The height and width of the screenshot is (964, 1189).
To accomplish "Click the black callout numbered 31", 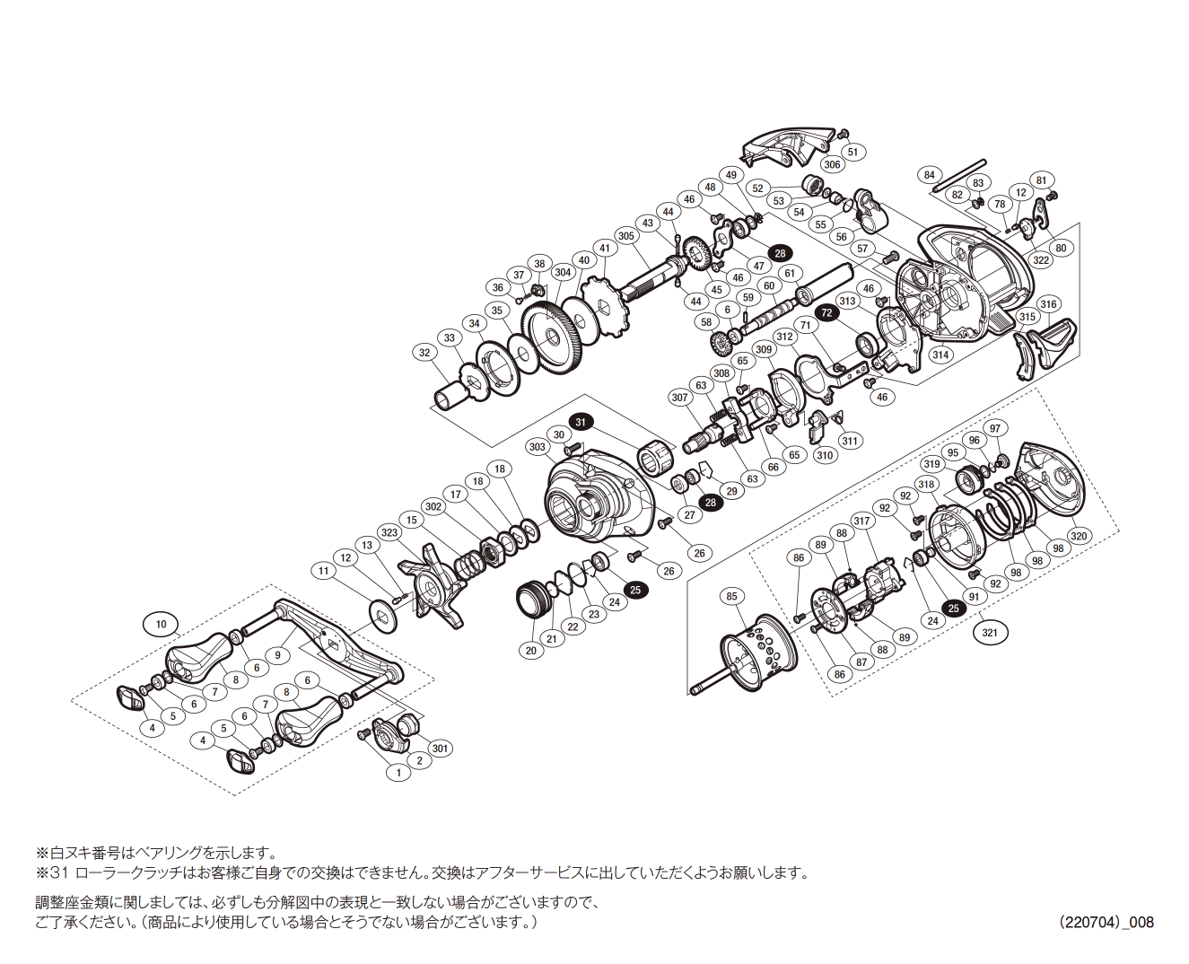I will click(581, 422).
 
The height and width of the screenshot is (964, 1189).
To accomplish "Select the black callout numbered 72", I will click(826, 312).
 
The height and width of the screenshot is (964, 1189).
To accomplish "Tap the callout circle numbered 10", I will click(162, 624).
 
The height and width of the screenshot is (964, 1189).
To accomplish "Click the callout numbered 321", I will click(990, 632).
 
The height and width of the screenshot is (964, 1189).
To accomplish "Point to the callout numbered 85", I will click(731, 596).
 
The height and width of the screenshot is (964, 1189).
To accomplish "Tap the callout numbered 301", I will click(440, 748).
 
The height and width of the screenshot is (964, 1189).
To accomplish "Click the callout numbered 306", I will click(832, 164).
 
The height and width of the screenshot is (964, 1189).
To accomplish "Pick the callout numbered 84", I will click(929, 175).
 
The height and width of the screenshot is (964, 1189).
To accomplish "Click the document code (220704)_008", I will click(1106, 922).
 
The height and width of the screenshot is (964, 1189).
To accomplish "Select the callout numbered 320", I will click(1079, 536).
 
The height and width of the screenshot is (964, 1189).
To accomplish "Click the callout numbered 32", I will click(425, 353).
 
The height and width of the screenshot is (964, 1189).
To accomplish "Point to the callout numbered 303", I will click(538, 447).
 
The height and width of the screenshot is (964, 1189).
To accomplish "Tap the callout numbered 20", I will click(531, 650).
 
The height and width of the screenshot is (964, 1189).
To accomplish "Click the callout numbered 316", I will click(1048, 304).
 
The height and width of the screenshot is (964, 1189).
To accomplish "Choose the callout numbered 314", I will click(940, 355).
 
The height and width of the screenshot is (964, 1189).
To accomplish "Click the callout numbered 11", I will click(324, 570).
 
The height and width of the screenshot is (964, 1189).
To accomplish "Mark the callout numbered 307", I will click(680, 398).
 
